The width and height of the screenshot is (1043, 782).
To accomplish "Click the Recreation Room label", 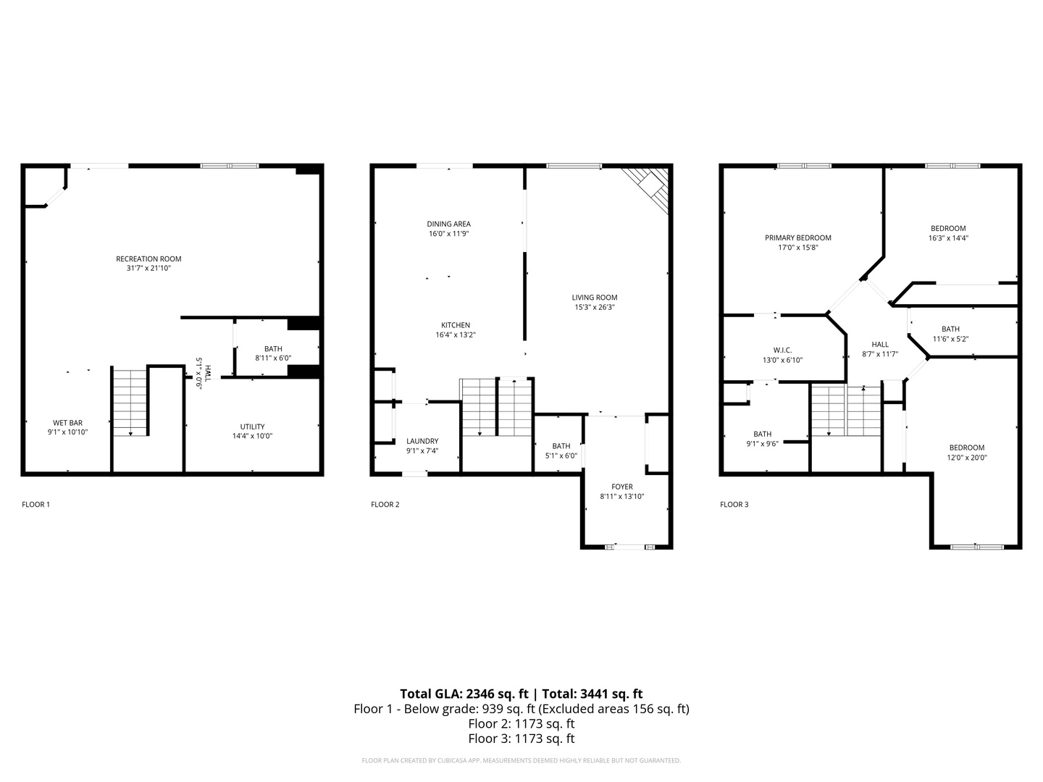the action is click(148, 258).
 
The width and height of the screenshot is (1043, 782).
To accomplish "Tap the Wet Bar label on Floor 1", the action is click(67, 423).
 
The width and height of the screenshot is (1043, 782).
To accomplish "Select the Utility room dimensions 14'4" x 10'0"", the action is click(252, 436).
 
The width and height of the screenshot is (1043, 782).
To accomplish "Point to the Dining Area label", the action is click(448, 224).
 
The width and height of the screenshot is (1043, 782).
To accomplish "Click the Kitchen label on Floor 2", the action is click(455, 325).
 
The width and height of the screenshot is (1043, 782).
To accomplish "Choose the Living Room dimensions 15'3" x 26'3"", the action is click(595, 307).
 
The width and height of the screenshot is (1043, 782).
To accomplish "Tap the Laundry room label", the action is click(422, 441).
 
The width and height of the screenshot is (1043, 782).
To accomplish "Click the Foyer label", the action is click(622, 487).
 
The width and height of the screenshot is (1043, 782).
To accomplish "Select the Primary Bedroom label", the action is click(797, 238).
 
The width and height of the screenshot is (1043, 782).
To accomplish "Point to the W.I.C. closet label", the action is click(782, 350).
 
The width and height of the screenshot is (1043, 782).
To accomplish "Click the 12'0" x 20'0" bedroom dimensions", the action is click(966, 458).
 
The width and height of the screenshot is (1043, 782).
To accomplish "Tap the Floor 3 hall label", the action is click(880, 344).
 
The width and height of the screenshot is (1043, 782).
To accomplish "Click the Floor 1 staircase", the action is click(130, 403).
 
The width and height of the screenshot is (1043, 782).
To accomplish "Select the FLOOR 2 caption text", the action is click(385, 504).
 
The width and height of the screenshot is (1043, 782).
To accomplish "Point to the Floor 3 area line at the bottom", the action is click(521, 739).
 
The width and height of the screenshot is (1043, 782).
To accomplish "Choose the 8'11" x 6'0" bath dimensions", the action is click(273, 358).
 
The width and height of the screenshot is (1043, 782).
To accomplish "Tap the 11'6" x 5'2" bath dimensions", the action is click(950, 339).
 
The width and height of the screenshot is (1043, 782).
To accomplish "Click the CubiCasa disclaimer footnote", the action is click(521, 760).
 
